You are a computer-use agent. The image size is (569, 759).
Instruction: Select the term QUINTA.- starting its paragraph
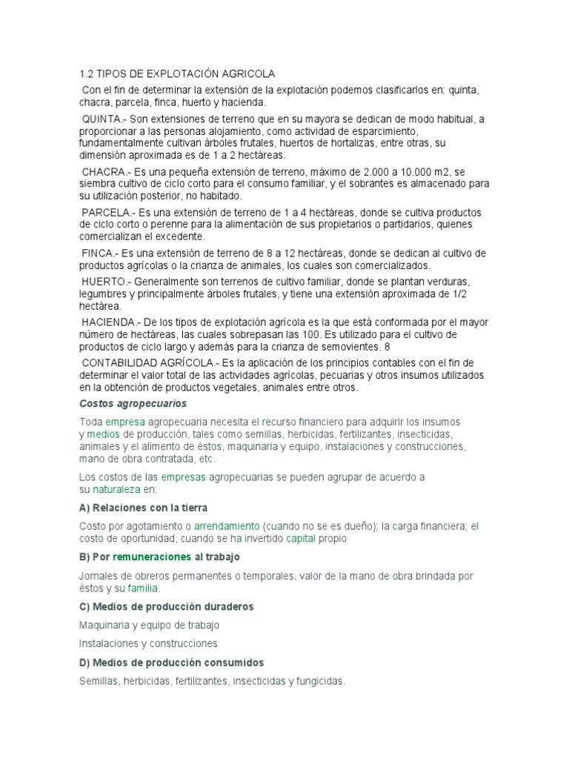[x=105, y=119]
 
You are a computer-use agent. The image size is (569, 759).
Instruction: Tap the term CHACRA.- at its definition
[x=107, y=172]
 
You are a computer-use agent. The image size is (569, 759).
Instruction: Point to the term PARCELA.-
[x=109, y=213]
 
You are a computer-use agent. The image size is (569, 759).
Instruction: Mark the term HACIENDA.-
[x=111, y=322]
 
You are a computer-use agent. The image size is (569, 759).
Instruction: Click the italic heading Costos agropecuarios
[x=133, y=403]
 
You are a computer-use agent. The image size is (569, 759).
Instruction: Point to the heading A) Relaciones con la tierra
[x=143, y=508]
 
